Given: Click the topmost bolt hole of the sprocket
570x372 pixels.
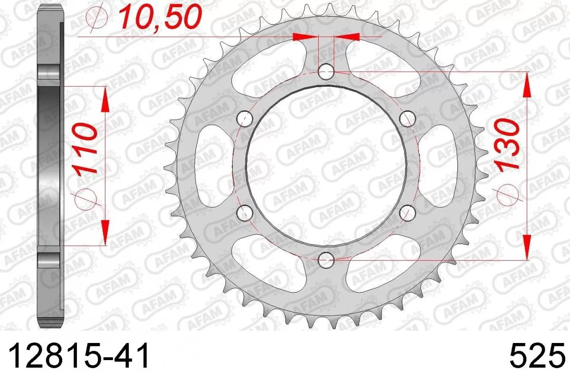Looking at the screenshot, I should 326,72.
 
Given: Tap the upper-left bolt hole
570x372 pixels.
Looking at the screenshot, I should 245,118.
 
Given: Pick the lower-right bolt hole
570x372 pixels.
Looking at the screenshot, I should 407,212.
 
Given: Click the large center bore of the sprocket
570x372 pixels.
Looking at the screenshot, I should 326,166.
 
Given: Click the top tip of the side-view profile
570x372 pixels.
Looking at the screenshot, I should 49,6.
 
